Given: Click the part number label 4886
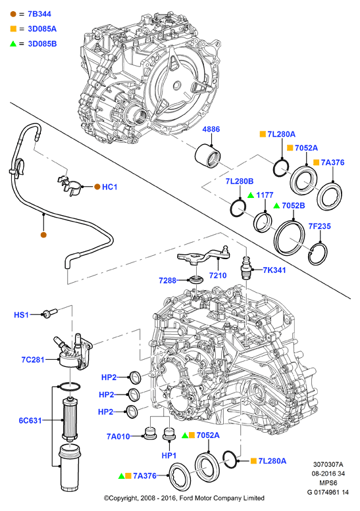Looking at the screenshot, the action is pos(211,129).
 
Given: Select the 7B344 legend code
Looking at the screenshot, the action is pos(39,14).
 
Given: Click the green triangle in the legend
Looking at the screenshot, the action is pos(13,43).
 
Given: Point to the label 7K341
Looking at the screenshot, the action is pos(274,270).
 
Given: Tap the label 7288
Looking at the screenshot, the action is pos(168,280).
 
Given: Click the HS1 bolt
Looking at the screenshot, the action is pos(49,313).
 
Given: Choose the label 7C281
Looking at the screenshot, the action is pos(33,360).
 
